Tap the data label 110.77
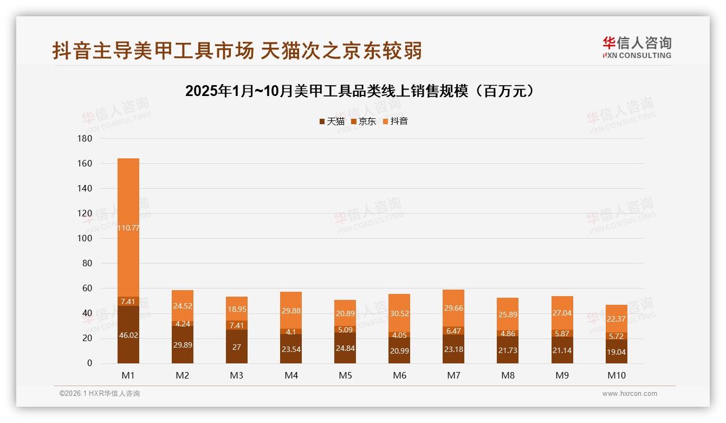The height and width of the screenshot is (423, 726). click(x=128, y=228)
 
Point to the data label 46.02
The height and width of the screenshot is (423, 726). click(x=128, y=336)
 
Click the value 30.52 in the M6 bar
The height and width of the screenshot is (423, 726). click(x=399, y=313)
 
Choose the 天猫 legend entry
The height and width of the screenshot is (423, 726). click(x=332, y=121)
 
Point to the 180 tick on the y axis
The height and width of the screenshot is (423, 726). click(x=86, y=138)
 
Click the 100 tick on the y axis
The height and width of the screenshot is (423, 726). click(x=86, y=238)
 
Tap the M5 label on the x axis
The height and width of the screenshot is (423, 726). click(x=345, y=375)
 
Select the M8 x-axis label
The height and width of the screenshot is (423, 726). click(x=508, y=375)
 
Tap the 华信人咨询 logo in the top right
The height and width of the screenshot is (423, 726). click(x=637, y=47)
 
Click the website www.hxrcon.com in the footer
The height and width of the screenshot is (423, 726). click(x=630, y=394)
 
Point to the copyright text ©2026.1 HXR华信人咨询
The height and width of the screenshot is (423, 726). click(x=100, y=394)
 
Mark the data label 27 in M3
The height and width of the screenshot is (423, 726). click(x=237, y=347)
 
